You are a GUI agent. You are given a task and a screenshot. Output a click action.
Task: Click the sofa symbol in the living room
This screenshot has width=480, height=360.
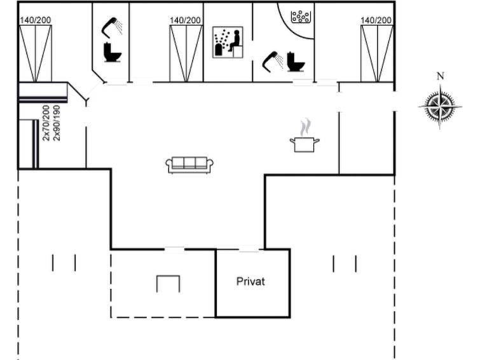[x=189, y=165]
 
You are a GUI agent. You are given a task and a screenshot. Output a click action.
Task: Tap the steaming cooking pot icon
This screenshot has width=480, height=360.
[x=305, y=137]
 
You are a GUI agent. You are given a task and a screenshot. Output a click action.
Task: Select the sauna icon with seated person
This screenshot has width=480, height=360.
[x=228, y=42]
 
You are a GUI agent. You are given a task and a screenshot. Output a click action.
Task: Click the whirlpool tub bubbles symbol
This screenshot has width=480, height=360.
[x=301, y=17]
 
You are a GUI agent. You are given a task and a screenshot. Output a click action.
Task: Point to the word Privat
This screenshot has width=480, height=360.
[x=250, y=281]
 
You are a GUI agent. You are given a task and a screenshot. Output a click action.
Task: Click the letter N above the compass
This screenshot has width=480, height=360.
[x=440, y=76]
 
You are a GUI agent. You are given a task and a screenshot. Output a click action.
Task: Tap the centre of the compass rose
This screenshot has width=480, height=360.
[x=440, y=107]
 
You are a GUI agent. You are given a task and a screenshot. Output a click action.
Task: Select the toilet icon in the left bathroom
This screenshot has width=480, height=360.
[x=113, y=52]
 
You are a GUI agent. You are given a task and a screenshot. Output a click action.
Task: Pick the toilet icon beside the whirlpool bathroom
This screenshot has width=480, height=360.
[x=296, y=62]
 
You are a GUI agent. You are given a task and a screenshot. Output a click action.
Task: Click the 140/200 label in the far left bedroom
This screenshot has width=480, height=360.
[x=36, y=20]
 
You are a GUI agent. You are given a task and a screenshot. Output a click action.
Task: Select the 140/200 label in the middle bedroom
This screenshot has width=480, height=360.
[x=185, y=20]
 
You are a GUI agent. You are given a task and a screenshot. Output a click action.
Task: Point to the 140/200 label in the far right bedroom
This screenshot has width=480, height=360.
[x=376, y=20]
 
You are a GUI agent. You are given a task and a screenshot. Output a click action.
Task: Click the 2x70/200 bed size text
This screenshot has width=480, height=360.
[x=46, y=123]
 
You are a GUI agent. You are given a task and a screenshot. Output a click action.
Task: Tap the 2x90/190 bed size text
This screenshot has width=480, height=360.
[x=57, y=123]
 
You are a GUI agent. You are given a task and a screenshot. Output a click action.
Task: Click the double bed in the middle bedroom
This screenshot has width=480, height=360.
[x=186, y=53]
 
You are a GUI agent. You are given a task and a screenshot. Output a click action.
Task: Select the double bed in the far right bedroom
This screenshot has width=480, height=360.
[x=377, y=53]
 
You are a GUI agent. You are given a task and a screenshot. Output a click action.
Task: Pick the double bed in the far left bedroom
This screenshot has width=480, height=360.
[x=36, y=53]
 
